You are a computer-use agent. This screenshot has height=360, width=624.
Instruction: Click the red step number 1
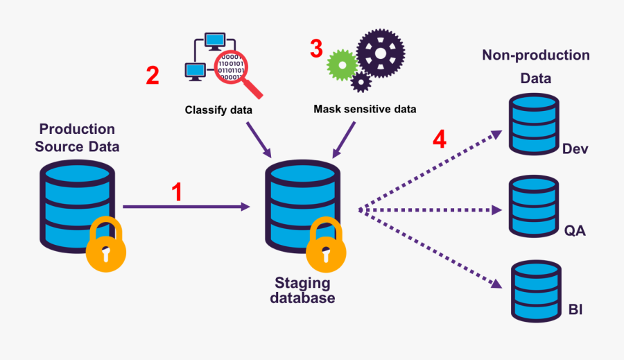[x=177, y=192]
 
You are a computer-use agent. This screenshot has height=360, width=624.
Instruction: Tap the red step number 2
[x=152, y=75]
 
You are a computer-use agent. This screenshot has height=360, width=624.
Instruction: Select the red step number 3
[x=316, y=49]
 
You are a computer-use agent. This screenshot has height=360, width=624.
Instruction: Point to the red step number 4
[x=439, y=140]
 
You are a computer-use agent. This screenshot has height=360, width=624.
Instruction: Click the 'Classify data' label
[x=218, y=110]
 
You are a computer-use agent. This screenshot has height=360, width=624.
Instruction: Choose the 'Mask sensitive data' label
[x=365, y=109]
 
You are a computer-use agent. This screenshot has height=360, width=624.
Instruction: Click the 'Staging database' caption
[x=302, y=291]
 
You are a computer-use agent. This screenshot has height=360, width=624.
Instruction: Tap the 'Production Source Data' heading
[x=77, y=137]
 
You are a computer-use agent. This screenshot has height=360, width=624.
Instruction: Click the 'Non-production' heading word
[x=535, y=55]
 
